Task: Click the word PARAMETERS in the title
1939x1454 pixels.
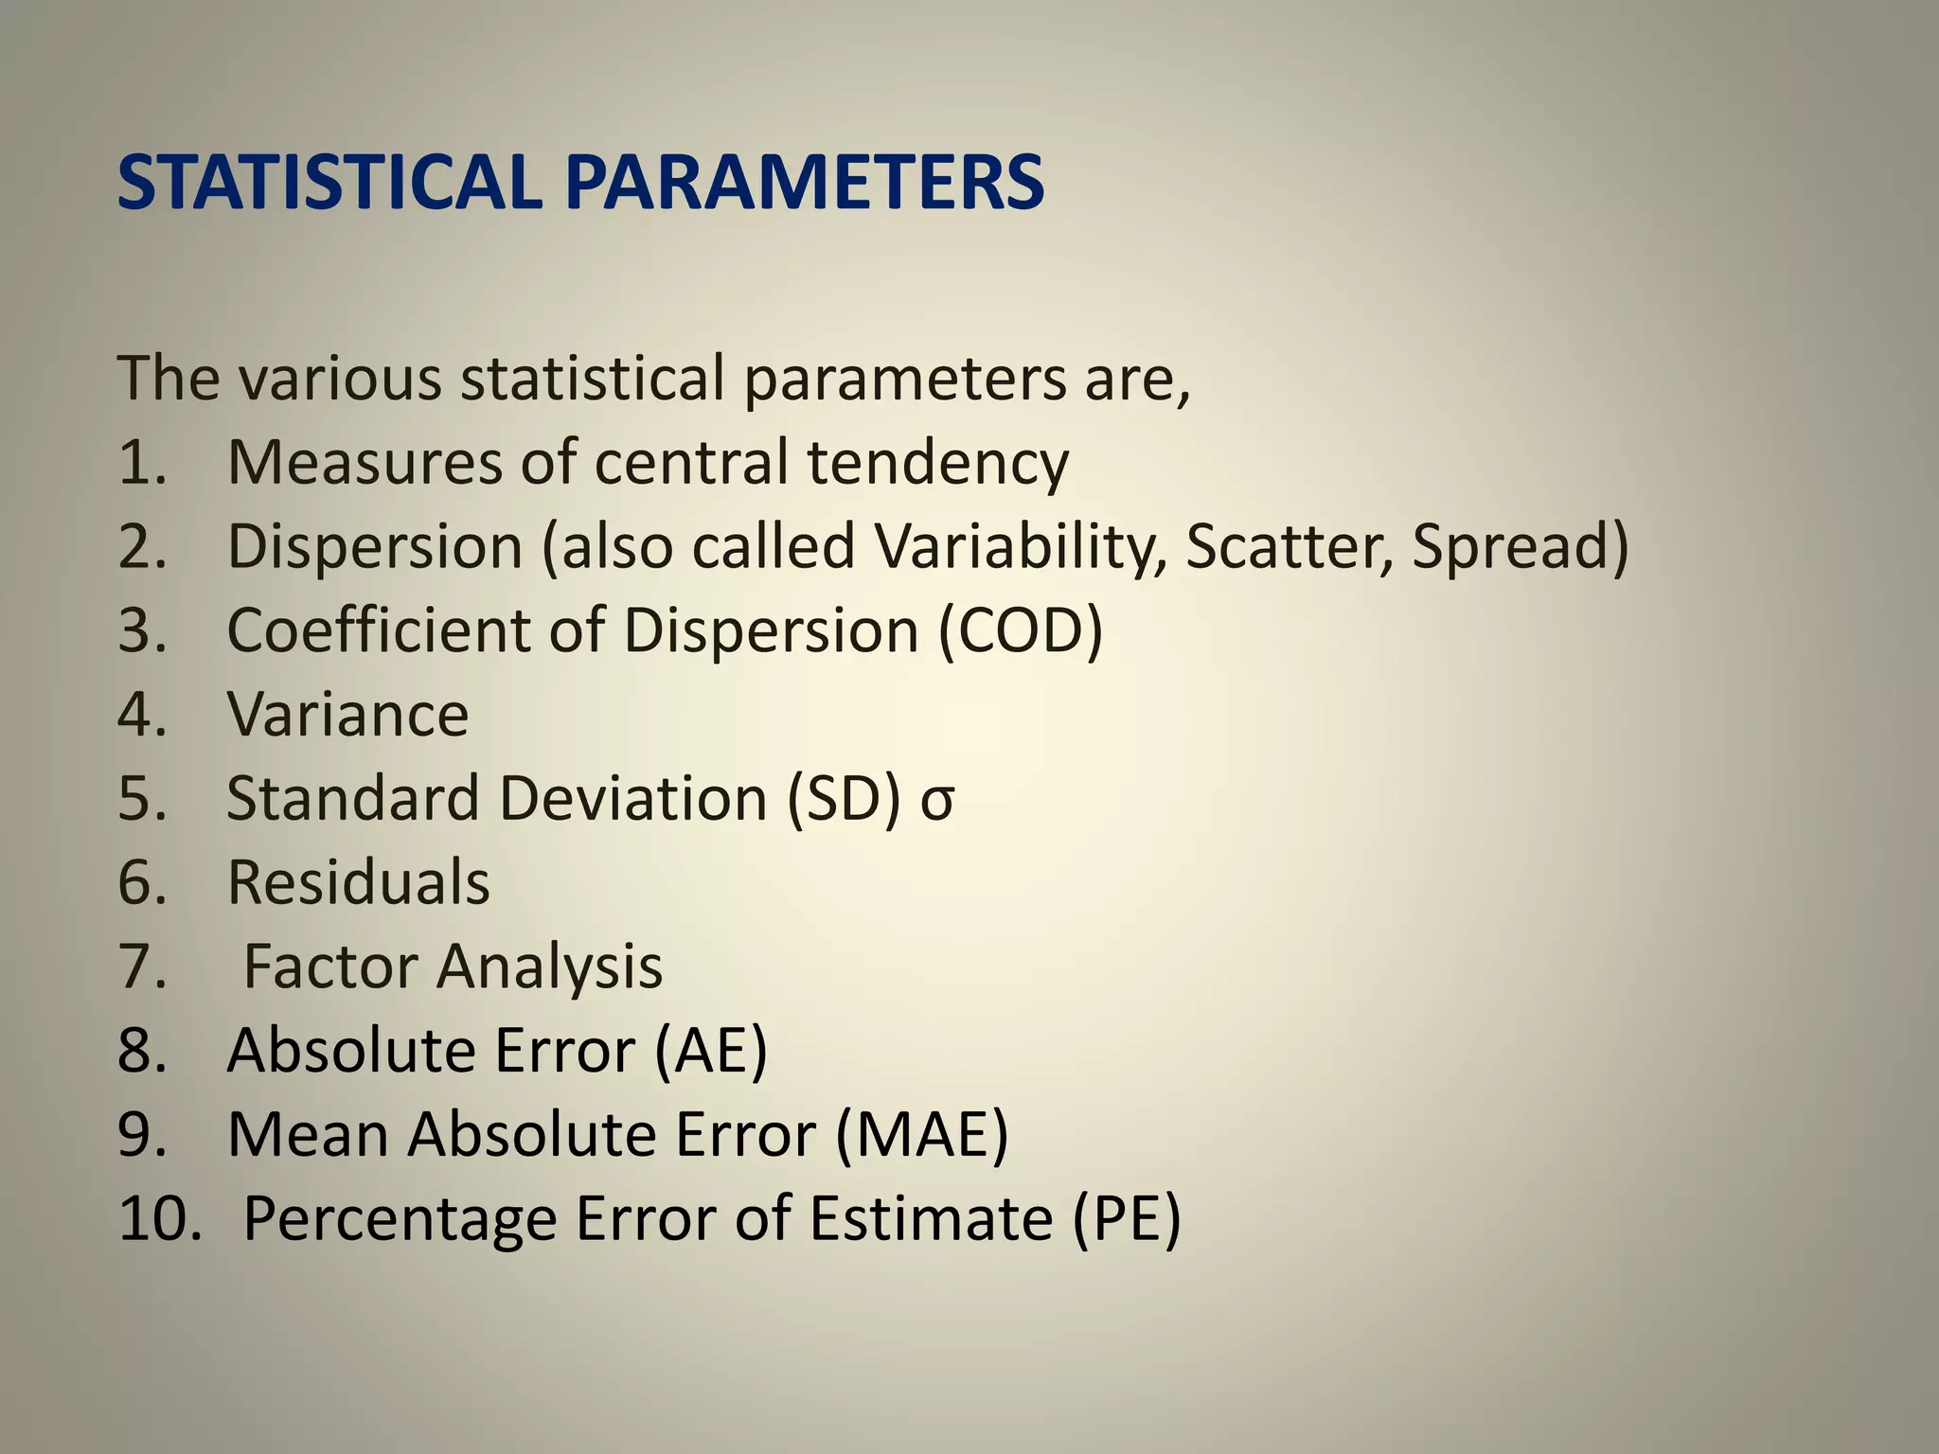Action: (805, 182)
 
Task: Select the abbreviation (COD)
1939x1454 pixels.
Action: (1021, 630)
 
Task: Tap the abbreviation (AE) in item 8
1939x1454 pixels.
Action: (710, 1051)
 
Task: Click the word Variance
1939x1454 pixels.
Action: (347, 715)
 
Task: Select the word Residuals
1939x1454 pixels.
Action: (358, 882)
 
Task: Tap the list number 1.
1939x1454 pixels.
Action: (141, 463)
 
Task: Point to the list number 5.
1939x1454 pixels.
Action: (141, 799)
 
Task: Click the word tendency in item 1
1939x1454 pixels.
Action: (937, 463)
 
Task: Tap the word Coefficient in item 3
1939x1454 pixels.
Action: (380, 630)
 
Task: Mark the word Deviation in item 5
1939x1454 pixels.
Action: (633, 799)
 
